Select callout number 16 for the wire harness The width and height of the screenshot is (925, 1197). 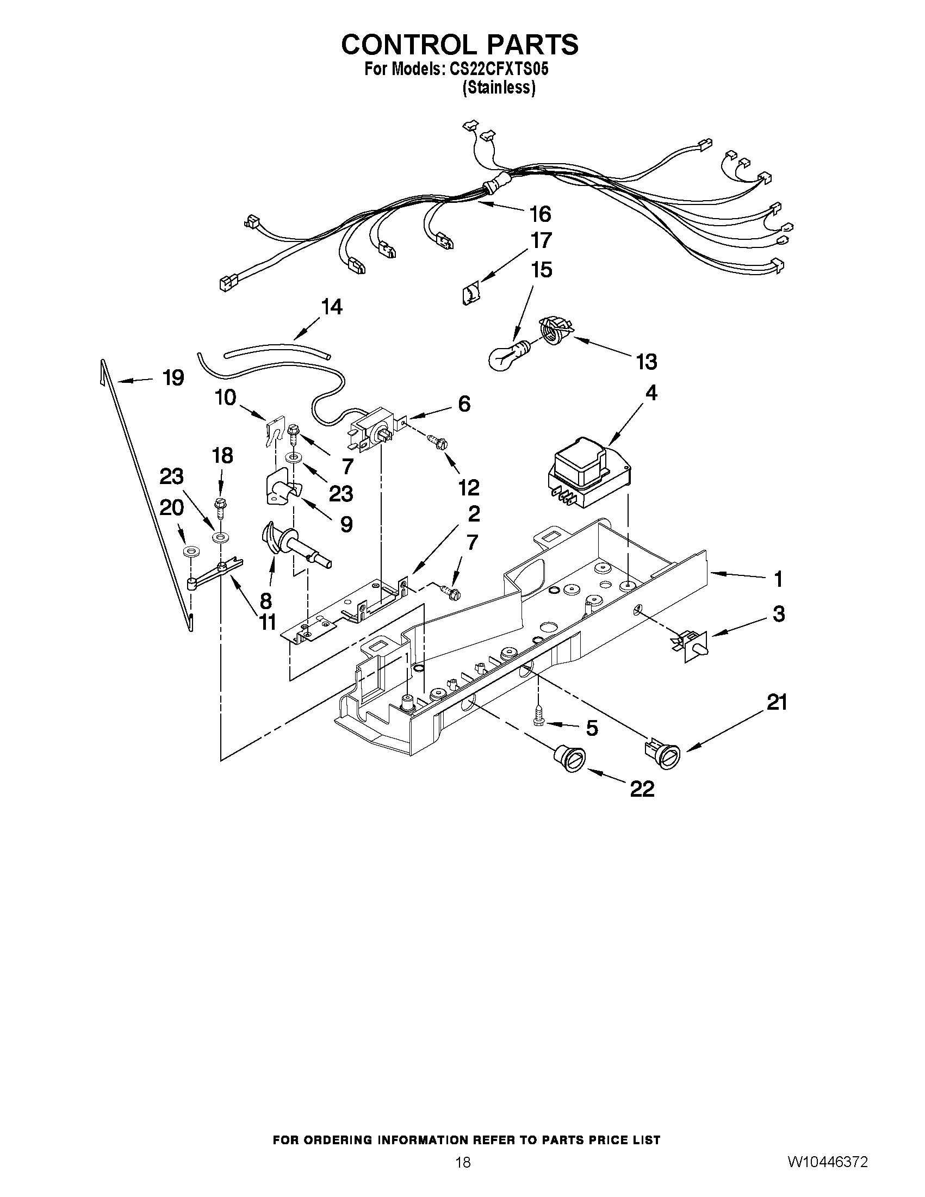(540, 214)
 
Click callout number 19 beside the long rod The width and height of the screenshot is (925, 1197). (173, 377)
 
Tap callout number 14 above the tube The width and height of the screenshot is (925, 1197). (332, 307)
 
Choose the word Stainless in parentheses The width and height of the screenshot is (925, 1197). (499, 88)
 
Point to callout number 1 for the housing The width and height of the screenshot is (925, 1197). (778, 579)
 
